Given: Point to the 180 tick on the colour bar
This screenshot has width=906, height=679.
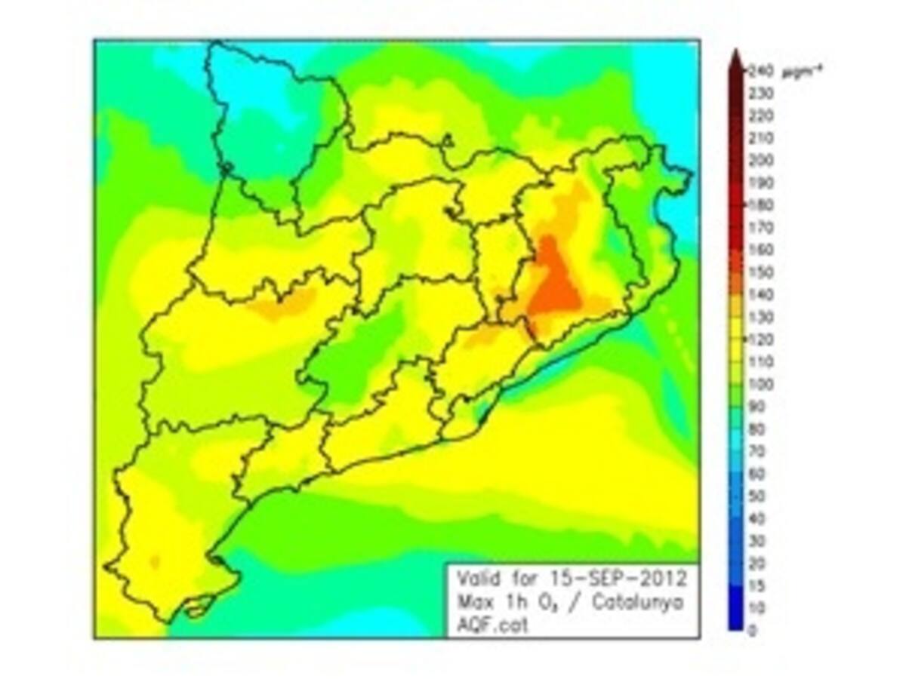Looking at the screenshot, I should click(x=758, y=204).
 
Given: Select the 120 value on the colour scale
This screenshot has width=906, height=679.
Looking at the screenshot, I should click(x=758, y=339).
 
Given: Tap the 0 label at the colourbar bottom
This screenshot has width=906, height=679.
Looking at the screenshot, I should click(x=751, y=631).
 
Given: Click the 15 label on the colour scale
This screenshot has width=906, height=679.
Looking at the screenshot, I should click(x=755, y=585).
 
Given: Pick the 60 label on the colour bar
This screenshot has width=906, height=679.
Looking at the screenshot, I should click(x=756, y=474).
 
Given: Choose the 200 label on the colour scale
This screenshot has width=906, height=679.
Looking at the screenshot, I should click(x=758, y=160).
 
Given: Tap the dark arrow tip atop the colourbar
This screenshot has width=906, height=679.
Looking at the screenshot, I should click(x=736, y=58).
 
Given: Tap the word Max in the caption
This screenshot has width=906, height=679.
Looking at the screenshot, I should click(x=472, y=602).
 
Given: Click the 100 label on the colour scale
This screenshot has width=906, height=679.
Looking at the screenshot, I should click(x=758, y=384).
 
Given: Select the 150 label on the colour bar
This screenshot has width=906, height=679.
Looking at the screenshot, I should click(x=758, y=272).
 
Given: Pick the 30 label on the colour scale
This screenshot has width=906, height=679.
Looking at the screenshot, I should click(x=756, y=541).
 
